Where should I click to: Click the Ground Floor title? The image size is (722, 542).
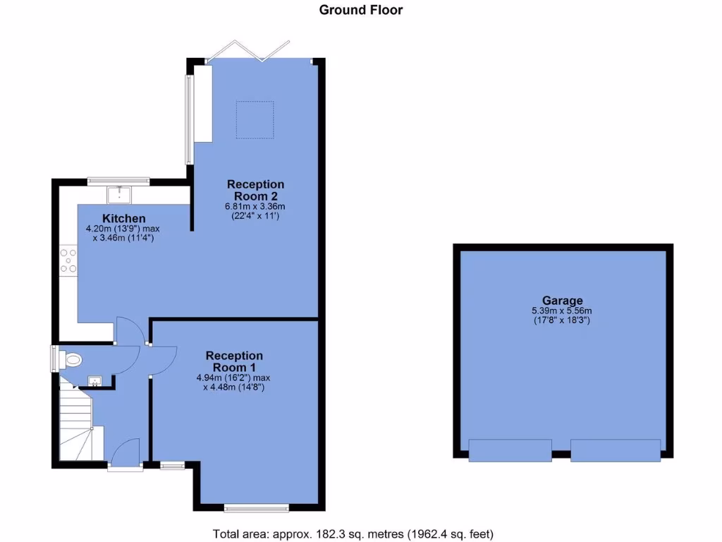(361, 10)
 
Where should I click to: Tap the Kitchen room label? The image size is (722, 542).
(124, 218)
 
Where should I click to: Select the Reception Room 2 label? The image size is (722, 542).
(255, 190)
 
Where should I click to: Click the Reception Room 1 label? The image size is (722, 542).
(234, 361)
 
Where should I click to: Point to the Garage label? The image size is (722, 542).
(562, 300)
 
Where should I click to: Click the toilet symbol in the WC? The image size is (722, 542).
(71, 360)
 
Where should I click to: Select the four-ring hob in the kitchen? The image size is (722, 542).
(68, 259)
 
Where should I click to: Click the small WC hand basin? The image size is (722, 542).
(94, 382)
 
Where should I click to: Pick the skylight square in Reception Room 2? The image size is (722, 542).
(255, 119)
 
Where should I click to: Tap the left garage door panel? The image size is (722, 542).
(510, 450)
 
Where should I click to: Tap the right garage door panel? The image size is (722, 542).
(615, 450)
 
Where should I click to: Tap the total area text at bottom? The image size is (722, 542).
(353, 533)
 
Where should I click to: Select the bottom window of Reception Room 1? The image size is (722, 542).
(257, 507)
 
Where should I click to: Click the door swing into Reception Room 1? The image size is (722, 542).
(162, 361)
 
